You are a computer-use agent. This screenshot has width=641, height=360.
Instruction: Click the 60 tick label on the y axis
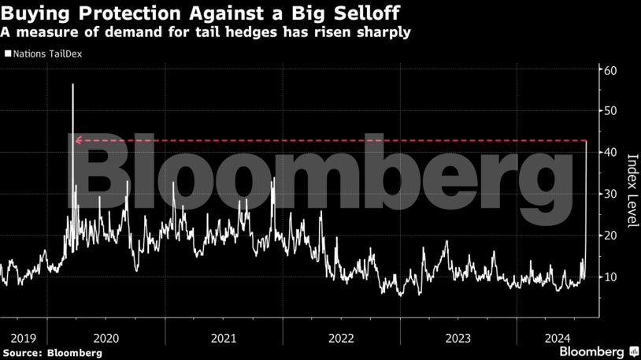609,69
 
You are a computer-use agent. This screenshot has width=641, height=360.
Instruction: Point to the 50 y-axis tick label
609,110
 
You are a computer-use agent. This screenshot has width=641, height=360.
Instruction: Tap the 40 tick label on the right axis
609,152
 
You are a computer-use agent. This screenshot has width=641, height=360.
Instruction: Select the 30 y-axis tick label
609,194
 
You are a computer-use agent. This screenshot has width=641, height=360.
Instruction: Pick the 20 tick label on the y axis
609,236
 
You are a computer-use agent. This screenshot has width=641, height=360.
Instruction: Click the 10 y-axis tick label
609,277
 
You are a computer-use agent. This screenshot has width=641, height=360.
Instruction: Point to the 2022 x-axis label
340,338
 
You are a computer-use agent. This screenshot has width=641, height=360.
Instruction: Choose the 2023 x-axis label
458,338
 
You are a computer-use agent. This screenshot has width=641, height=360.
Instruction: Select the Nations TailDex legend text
47,54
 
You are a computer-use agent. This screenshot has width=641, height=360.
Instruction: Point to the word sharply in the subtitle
383,32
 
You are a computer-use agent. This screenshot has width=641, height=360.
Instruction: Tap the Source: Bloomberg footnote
52,353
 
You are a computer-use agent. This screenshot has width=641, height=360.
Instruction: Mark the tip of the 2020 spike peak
72,84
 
